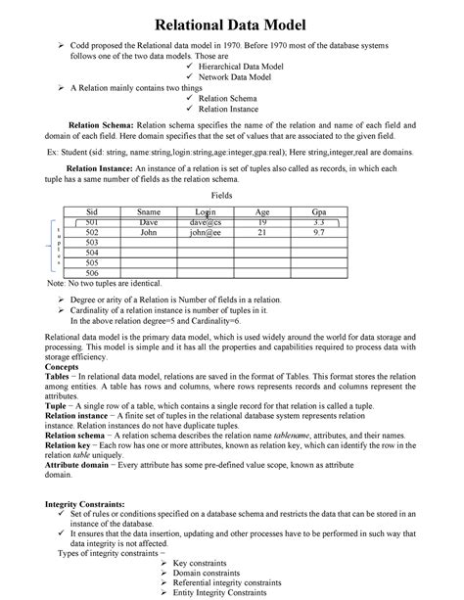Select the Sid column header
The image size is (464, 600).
pyautogui.click(x=92, y=212)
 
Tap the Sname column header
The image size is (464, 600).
pyautogui.click(x=149, y=212)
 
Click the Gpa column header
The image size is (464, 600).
pyautogui.click(x=319, y=212)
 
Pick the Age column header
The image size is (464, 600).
pyautogui.click(x=262, y=212)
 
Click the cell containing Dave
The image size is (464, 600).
pyautogui.click(x=149, y=223)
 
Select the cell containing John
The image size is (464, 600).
pyautogui.click(x=149, y=233)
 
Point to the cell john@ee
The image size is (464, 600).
pyautogui.click(x=206, y=233)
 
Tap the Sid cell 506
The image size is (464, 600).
pyautogui.click(x=92, y=273)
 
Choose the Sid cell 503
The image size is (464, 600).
pyautogui.click(x=92, y=243)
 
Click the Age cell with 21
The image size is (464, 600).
pyautogui.click(x=262, y=233)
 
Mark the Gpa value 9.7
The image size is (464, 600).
pyautogui.click(x=319, y=233)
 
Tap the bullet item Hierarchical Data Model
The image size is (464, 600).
pyautogui.click(x=241, y=67)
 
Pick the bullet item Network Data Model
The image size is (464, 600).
pyautogui.click(x=233, y=76)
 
